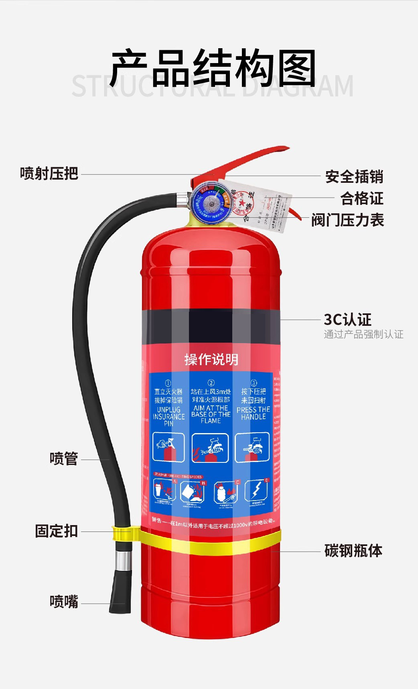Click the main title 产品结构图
click(x=213, y=68)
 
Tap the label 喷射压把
click(x=49, y=174)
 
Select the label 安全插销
click(x=354, y=176)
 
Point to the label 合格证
click(x=362, y=198)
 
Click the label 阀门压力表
click(x=347, y=220)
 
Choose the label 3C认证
click(x=347, y=319)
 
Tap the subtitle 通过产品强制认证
click(x=363, y=334)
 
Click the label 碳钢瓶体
click(x=353, y=550)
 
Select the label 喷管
click(x=63, y=458)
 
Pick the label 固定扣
click(x=56, y=531)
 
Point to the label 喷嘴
click(x=63, y=601)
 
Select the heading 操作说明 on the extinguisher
click(x=211, y=359)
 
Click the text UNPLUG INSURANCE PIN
click(x=168, y=416)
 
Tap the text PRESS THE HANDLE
click(x=253, y=413)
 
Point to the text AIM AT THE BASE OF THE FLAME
click(x=211, y=414)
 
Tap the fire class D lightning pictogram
click(x=256, y=491)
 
